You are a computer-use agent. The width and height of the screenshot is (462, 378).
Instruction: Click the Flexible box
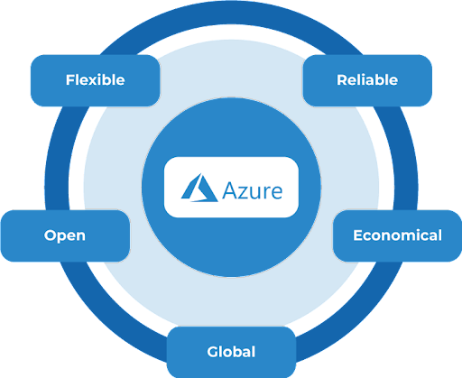(x=95, y=80)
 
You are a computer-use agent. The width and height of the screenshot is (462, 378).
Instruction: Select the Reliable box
(x=367, y=80)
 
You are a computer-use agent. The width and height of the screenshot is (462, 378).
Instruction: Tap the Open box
(x=65, y=235)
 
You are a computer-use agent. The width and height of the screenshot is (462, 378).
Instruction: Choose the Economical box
(x=397, y=235)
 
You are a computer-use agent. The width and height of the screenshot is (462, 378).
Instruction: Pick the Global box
(x=231, y=352)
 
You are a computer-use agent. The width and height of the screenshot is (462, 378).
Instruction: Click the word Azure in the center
(x=253, y=190)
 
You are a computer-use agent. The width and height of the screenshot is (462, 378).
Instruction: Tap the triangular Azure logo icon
(x=199, y=188)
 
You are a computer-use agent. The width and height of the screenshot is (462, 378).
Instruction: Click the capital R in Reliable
(x=342, y=80)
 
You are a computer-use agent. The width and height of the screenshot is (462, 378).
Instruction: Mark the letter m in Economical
(x=411, y=236)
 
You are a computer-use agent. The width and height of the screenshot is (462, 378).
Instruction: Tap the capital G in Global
(x=213, y=352)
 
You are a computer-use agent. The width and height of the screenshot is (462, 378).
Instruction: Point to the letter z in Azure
(x=242, y=192)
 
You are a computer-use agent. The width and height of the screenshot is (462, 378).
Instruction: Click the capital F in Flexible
(x=70, y=80)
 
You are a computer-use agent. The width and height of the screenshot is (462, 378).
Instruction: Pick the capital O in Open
(x=51, y=235)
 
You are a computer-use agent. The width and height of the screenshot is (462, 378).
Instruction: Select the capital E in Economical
(x=358, y=235)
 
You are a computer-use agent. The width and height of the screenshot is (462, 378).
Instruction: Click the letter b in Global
(x=237, y=352)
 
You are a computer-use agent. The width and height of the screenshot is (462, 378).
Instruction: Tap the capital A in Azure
(x=229, y=190)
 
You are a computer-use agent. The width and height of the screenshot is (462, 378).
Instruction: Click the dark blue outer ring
(x=57, y=186)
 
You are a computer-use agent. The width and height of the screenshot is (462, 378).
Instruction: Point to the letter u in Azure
(x=254, y=193)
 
